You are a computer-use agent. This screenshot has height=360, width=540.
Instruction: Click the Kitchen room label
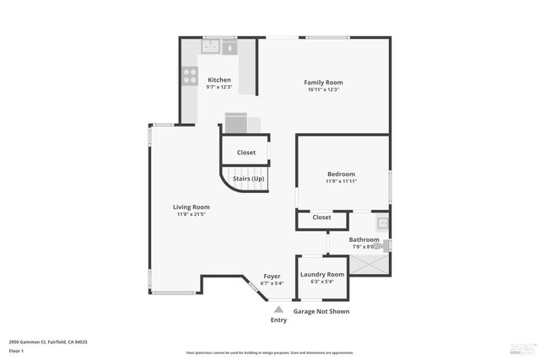coord(219,80)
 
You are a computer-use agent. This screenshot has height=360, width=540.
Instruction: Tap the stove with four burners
coord(189,78)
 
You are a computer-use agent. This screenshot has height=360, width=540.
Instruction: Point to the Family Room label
coord(323,82)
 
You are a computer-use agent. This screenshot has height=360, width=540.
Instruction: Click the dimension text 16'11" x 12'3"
coord(323,90)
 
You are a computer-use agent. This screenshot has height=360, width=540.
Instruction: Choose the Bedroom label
coord(341,174)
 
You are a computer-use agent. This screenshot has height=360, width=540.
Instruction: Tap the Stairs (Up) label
coord(248,179)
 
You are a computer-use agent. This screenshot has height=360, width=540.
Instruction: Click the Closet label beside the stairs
coord(246,153)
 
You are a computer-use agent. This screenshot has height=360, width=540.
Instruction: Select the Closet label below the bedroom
coord(321,218)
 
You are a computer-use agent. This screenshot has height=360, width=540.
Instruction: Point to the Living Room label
coord(192,207)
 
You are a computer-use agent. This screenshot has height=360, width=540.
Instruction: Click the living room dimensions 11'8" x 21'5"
coord(192,215)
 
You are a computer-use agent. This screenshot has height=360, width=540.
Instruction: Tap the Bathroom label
coord(364,239)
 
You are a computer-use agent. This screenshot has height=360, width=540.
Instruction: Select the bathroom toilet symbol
coord(385,246)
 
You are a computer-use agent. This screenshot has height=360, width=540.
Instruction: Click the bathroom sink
coord(382,223)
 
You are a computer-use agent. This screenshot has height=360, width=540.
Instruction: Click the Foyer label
coord(272,276)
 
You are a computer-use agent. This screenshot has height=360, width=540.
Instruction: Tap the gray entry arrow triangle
coord(278,309)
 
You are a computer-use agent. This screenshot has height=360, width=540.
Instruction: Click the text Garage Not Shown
coord(321,311)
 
